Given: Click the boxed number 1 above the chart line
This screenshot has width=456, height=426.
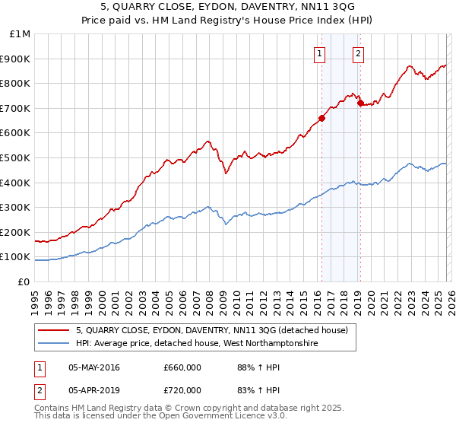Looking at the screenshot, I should point(319,53).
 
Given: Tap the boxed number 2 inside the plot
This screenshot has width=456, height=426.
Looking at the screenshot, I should point(358,53).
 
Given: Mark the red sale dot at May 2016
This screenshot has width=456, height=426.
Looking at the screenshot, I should point(321,118).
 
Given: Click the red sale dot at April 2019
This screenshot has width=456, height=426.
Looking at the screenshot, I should point(360,103).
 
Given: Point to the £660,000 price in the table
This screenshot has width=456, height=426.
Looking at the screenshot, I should point(182,367).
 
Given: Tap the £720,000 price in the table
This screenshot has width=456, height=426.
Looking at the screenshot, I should point(182,390).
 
